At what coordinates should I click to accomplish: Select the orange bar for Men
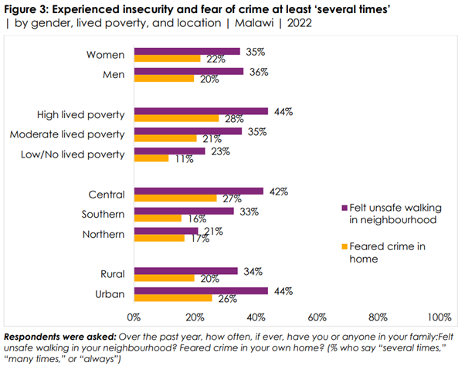point(164,78)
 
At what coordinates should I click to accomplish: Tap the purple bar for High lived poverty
point(200,111)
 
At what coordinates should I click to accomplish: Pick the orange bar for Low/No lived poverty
point(151,158)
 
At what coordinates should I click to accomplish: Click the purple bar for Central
point(198,191)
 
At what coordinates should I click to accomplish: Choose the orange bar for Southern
point(158,218)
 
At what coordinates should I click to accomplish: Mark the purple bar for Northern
point(165,231)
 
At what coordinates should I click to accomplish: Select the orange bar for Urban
point(173,297)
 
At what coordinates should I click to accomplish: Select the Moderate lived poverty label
point(66,134)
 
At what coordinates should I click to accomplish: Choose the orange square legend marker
point(342,247)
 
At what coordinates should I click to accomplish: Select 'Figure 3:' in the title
point(25,8)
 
